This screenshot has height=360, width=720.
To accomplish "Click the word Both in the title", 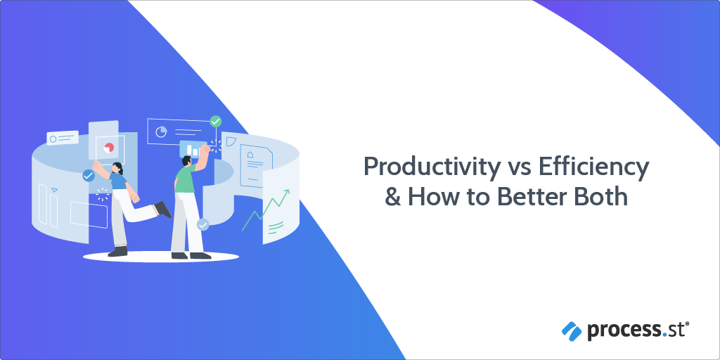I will point(599,195).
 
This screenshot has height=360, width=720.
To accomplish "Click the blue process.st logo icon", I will point(570,328).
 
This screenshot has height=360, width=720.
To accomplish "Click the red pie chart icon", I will point(109,148).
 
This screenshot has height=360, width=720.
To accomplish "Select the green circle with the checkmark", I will point(216,122).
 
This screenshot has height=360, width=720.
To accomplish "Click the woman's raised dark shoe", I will point(164,209).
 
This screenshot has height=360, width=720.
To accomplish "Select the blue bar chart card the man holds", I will point(191,148).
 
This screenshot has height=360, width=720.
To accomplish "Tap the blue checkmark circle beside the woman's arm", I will point(88,176).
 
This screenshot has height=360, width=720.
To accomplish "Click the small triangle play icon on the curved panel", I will point(55,190).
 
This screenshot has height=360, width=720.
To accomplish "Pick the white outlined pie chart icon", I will point(161,131).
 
